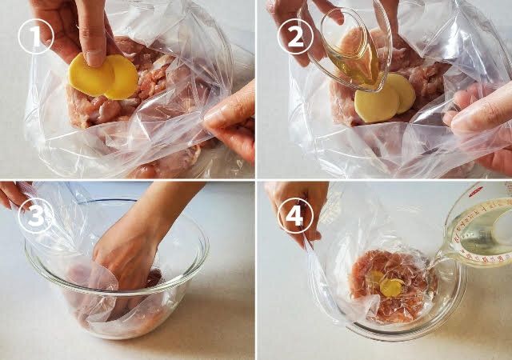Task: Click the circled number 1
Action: pyautogui.click(x=35, y=36)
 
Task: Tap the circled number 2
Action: pyautogui.click(x=295, y=36)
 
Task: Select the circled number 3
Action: pyautogui.click(x=35, y=216)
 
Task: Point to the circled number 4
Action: pyautogui.click(x=295, y=216)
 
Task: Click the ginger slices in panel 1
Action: pyautogui.click(x=103, y=77)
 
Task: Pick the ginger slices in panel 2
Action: pyautogui.click(x=385, y=98)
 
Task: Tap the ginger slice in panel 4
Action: pyautogui.click(x=392, y=287)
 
